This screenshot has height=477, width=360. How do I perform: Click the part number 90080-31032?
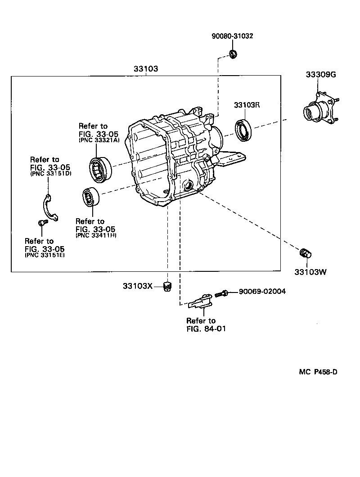click(x=232, y=36)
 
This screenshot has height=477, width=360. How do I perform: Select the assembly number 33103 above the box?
click(x=145, y=69)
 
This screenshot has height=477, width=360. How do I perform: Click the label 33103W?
click(x=310, y=272)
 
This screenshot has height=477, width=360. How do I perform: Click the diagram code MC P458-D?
click(x=318, y=372)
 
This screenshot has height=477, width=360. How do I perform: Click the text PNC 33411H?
click(x=95, y=235)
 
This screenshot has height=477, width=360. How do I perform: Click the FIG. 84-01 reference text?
click(x=205, y=328)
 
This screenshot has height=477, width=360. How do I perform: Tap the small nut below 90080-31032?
click(x=233, y=55)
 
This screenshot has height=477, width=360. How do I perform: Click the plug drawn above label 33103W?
click(x=305, y=253)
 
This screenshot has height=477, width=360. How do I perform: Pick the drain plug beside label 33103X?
click(x=167, y=286)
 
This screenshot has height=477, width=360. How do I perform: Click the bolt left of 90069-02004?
click(x=221, y=293)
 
